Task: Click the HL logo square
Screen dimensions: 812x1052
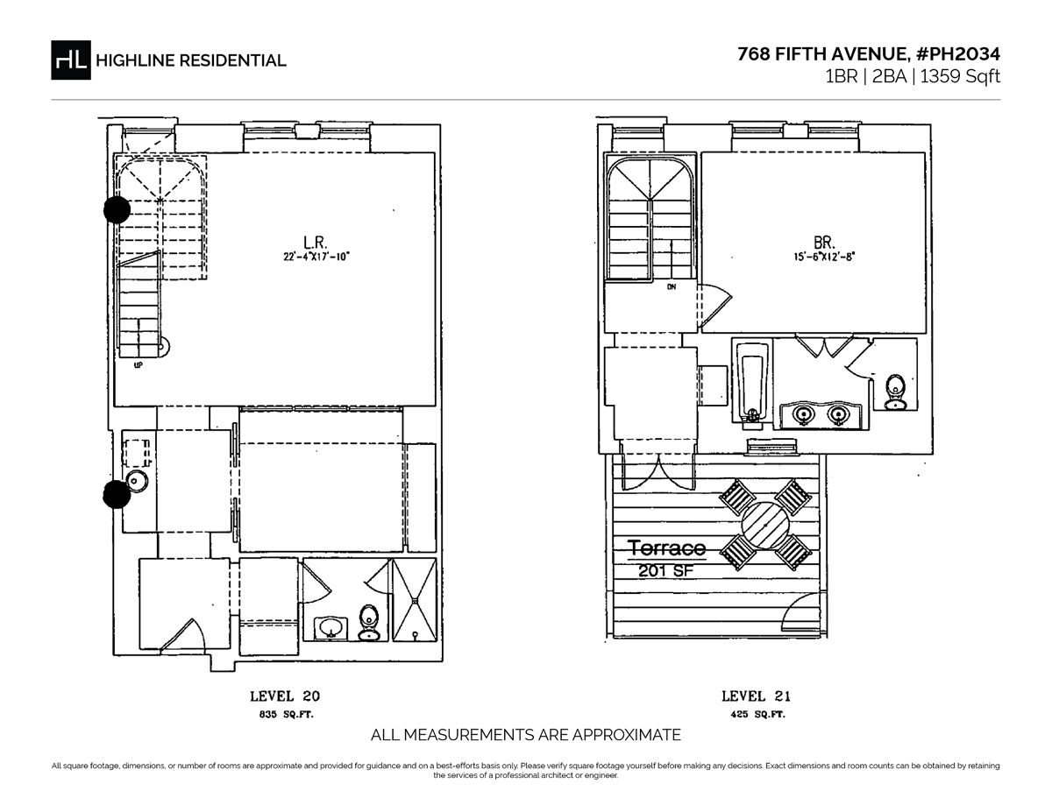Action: pos(71,60)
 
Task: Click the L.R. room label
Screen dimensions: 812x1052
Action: pos(316,242)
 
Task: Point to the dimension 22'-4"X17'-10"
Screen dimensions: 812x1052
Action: pos(316,258)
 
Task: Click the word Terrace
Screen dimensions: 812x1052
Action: pos(666,548)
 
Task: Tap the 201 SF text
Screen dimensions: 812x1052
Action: pos(664,571)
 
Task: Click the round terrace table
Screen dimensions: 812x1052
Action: pos(764,526)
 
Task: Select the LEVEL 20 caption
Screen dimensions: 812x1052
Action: pos(285,697)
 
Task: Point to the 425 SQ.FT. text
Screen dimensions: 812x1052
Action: pos(756,716)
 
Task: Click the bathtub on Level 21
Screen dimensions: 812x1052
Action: pos(751,383)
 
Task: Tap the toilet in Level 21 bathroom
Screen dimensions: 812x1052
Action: pos(895,391)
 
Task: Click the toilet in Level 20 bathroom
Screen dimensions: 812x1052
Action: pos(369,622)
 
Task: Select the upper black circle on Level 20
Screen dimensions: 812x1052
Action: pos(117,209)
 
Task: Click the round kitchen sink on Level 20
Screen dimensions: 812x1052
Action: pos(136,480)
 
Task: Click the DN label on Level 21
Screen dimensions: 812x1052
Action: pos(671,286)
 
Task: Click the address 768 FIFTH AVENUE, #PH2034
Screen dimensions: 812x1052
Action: pos(868,54)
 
